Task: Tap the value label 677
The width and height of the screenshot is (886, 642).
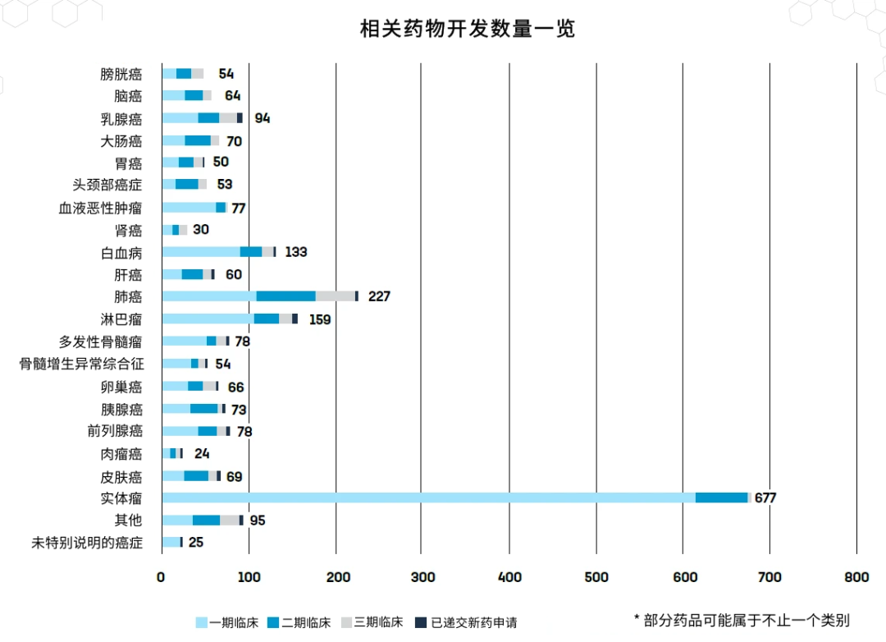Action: pyautogui.click(x=765, y=498)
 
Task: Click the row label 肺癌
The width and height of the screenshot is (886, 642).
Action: pyautogui.click(x=128, y=296)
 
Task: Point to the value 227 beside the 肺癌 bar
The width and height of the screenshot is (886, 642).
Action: pyautogui.click(x=379, y=296)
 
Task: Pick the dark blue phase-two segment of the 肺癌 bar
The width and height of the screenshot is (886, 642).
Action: pyautogui.click(x=285, y=296)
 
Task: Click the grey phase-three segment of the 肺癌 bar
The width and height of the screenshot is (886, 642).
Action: pyautogui.click(x=335, y=296)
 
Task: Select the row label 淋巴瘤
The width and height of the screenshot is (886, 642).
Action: pyautogui.click(x=121, y=319)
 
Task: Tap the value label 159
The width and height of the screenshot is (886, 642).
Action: pyautogui.click(x=320, y=319)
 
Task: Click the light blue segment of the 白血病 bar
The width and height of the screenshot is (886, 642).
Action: pyautogui.click(x=201, y=252)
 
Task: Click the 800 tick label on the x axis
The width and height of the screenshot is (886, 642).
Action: pyautogui.click(x=856, y=577)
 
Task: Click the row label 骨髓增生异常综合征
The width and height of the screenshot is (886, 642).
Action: pyautogui.click(x=81, y=364)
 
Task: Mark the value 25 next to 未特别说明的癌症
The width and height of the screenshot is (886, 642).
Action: pyautogui.click(x=195, y=543)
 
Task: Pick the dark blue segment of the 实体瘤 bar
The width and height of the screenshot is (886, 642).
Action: pyautogui.click(x=721, y=498)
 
